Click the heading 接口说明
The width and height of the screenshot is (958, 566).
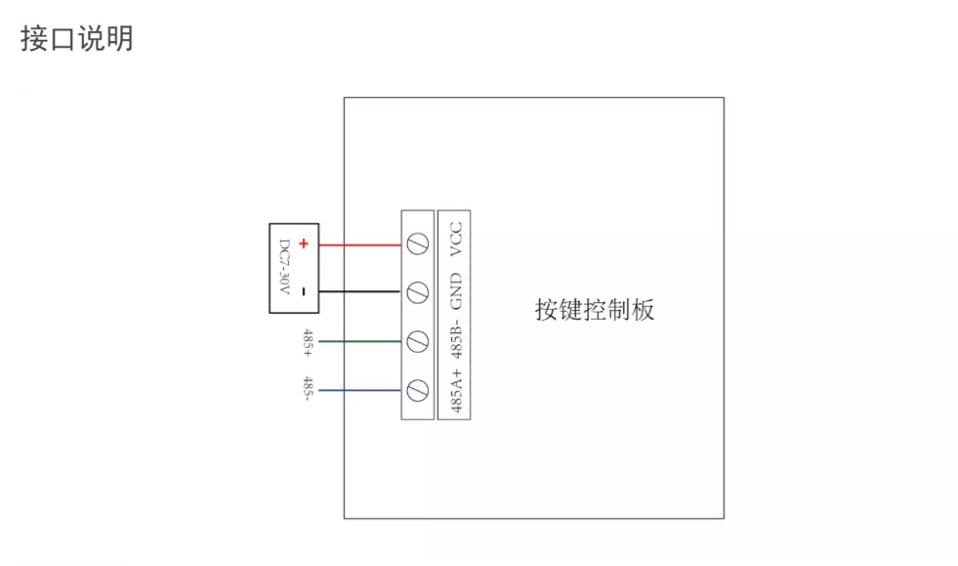77,38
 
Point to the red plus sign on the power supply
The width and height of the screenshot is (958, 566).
304,244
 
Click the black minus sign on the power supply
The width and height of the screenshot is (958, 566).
304,291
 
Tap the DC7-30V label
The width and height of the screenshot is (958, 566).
285,269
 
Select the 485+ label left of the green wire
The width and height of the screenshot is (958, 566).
308,342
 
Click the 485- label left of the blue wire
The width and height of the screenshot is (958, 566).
308,389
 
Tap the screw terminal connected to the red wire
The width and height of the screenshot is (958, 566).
417,244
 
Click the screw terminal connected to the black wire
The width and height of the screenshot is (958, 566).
417,291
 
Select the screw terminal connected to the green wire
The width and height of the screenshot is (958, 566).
417,341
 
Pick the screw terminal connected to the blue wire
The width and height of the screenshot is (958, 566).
417,391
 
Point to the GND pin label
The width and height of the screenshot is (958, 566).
455,290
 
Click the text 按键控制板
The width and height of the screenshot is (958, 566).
595,310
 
